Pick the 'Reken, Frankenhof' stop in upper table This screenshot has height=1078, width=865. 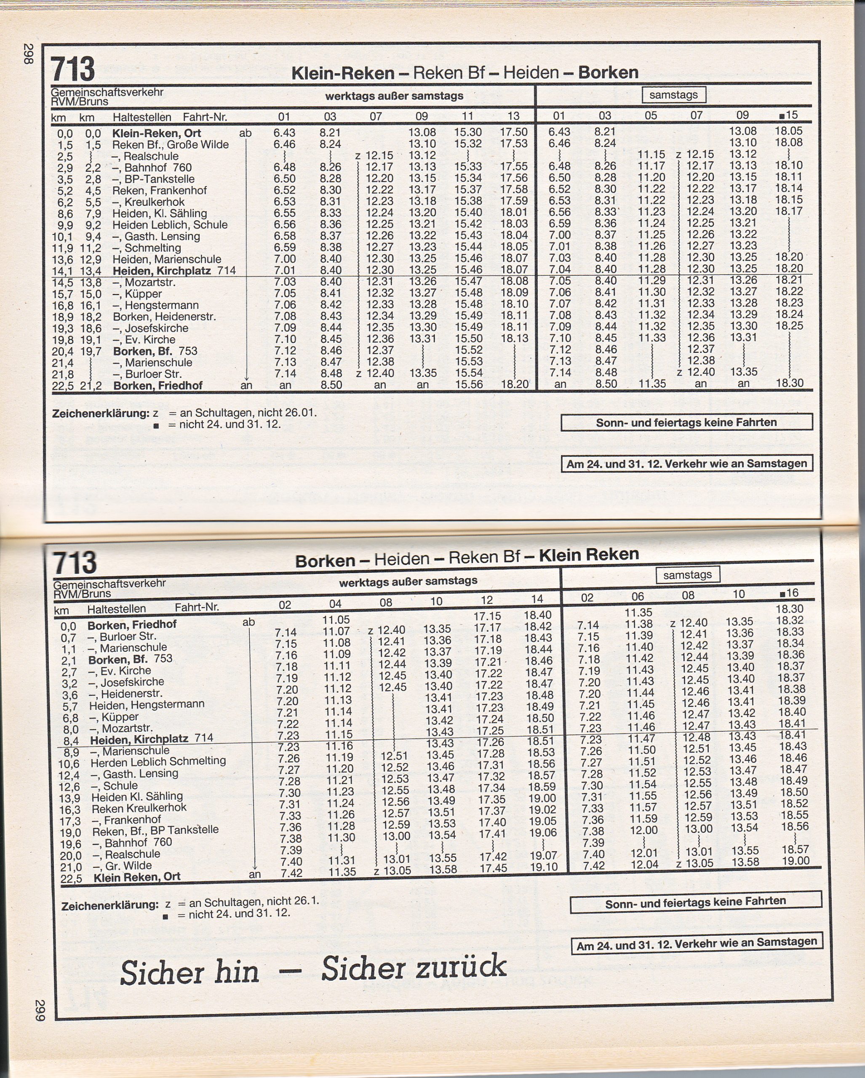[x=159, y=190]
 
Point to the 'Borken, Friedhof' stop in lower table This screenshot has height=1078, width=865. [x=131, y=624]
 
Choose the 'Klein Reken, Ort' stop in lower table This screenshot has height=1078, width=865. [x=136, y=876]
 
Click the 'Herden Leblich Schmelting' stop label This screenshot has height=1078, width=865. [x=158, y=761]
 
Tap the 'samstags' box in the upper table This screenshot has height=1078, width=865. [x=673, y=94]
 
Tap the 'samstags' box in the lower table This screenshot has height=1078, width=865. [x=688, y=575]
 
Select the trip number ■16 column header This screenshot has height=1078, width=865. [x=790, y=593]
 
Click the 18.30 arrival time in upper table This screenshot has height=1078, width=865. [x=790, y=384]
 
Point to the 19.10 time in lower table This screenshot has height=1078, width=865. [x=544, y=867]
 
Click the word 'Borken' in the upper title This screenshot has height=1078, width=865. [x=608, y=72]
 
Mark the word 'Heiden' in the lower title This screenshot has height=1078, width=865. [x=402, y=558]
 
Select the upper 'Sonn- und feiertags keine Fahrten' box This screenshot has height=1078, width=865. [x=686, y=422]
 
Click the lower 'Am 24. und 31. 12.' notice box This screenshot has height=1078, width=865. [x=696, y=944]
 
